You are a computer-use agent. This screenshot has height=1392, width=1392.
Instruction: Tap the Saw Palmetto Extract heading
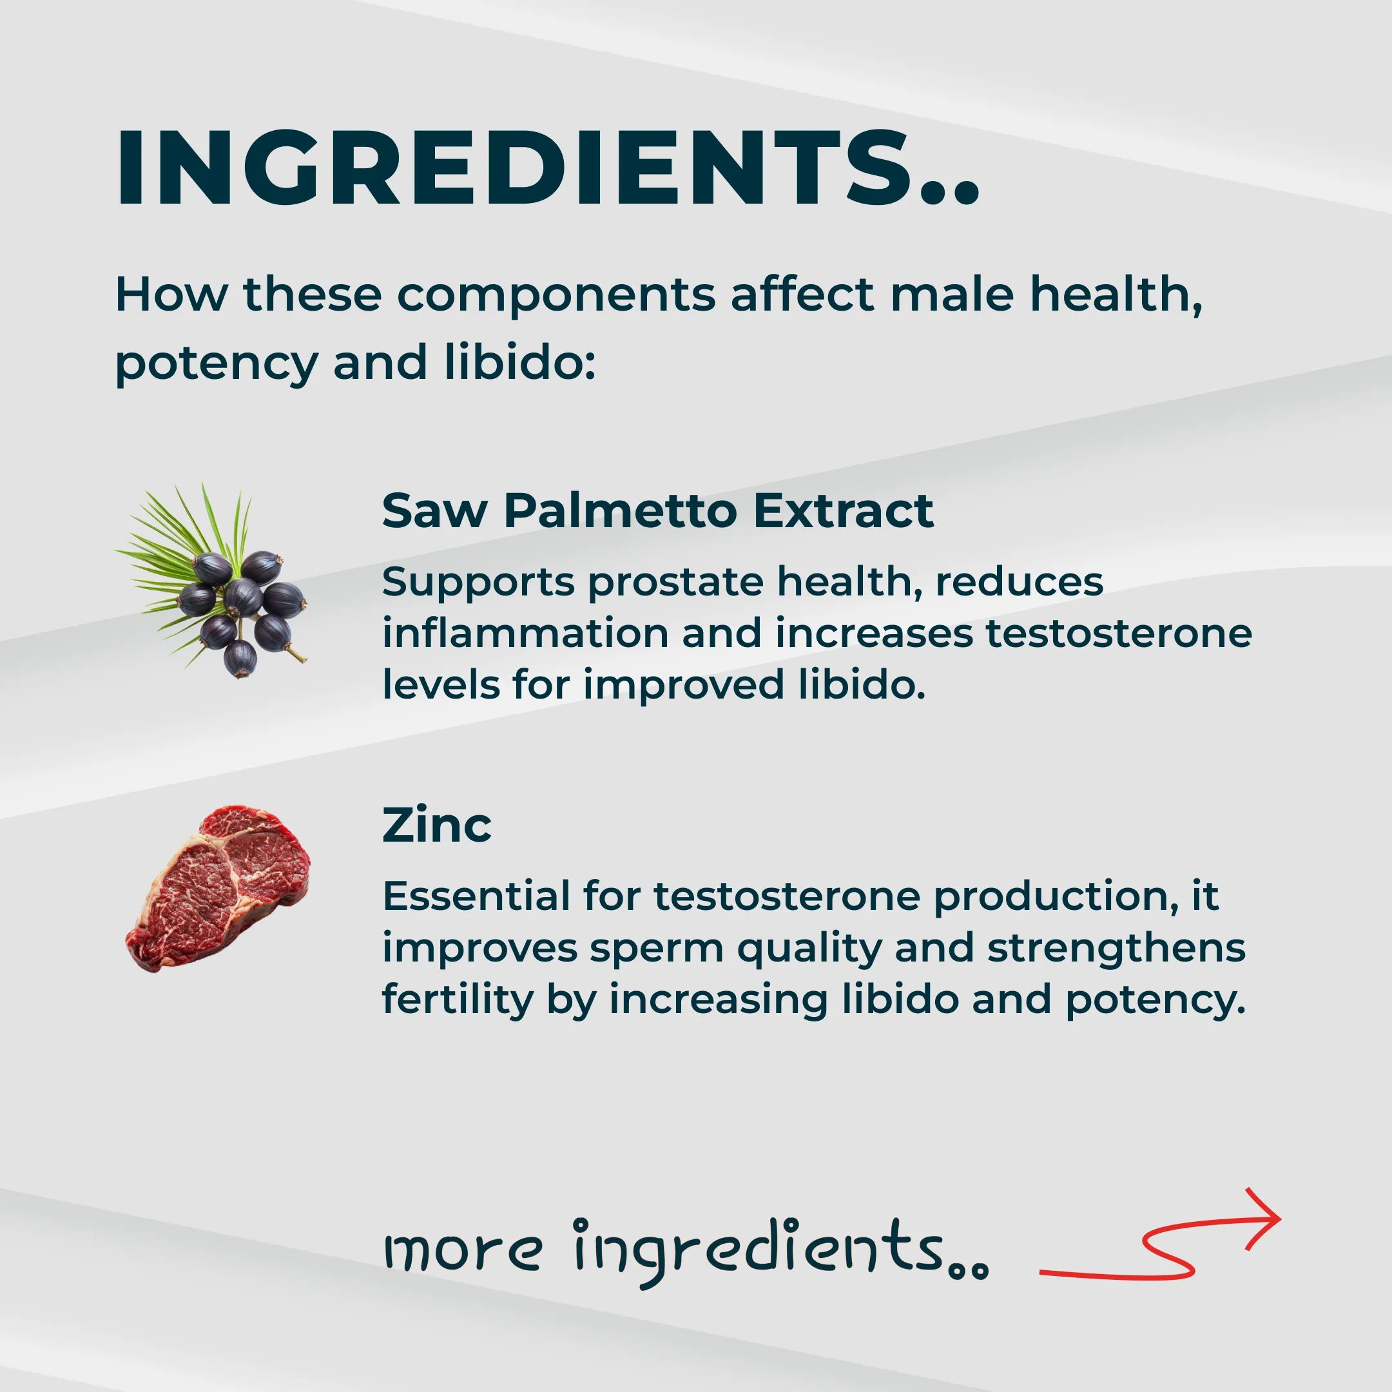pyautogui.click(x=657, y=511)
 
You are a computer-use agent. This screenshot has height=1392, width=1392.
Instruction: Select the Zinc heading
pyautogui.click(x=437, y=825)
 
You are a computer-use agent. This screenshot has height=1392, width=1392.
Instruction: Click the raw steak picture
pyautogui.click(x=218, y=889)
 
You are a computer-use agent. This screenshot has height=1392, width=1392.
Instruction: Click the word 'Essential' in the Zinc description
pyautogui.click(x=476, y=897)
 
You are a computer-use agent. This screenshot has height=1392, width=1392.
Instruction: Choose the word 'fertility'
pyautogui.click(x=458, y=1000)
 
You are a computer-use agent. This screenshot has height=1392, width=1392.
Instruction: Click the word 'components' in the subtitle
pyautogui.click(x=556, y=295)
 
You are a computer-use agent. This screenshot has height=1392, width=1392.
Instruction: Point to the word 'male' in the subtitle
pyautogui.click(x=952, y=295)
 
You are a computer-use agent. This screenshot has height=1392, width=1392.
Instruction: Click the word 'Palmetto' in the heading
pyautogui.click(x=619, y=511)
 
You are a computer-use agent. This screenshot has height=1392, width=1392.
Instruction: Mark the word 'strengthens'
pyautogui.click(x=1116, y=949)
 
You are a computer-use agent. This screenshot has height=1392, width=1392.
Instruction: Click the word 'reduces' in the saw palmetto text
pyautogui.click(x=1019, y=582)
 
